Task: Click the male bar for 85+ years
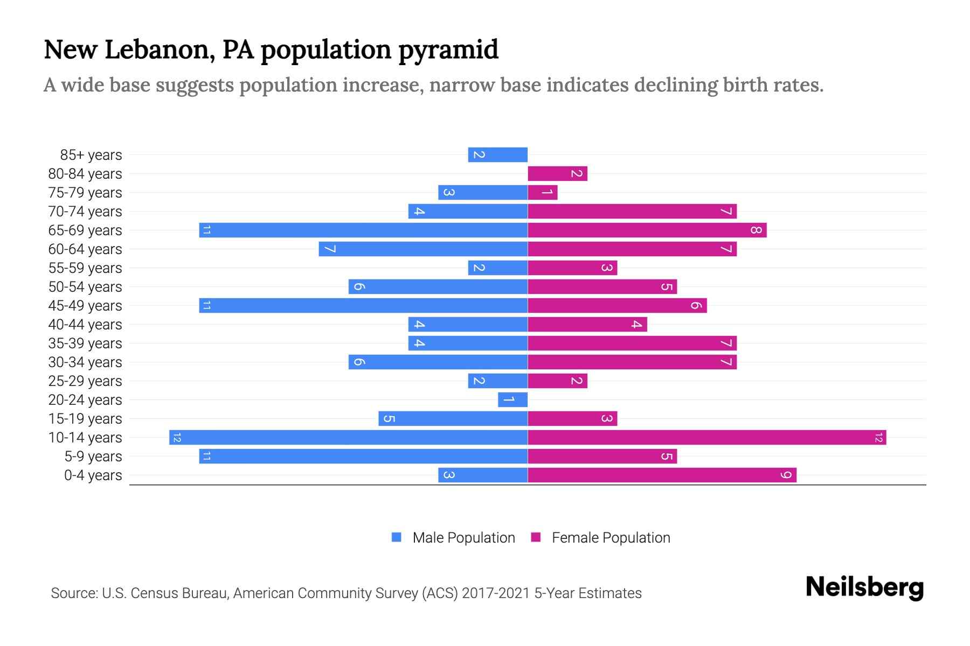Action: click(497, 155)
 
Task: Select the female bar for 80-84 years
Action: click(557, 174)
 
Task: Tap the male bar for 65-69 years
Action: click(363, 230)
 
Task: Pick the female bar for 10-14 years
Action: click(706, 438)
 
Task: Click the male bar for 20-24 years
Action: click(512, 400)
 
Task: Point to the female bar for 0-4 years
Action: click(662, 475)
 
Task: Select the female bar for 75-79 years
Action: click(542, 193)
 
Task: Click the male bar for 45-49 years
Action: click(363, 306)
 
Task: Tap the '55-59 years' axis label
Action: click(85, 268)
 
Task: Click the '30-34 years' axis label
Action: click(85, 362)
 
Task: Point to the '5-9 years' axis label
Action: click(93, 457)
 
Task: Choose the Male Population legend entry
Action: click(463, 538)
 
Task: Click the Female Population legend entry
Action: click(610, 538)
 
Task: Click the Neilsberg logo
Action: click(864, 587)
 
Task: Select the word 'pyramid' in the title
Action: click(448, 50)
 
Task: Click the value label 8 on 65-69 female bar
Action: click(756, 230)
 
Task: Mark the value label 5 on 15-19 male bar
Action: click(389, 419)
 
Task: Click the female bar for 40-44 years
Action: click(587, 325)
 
